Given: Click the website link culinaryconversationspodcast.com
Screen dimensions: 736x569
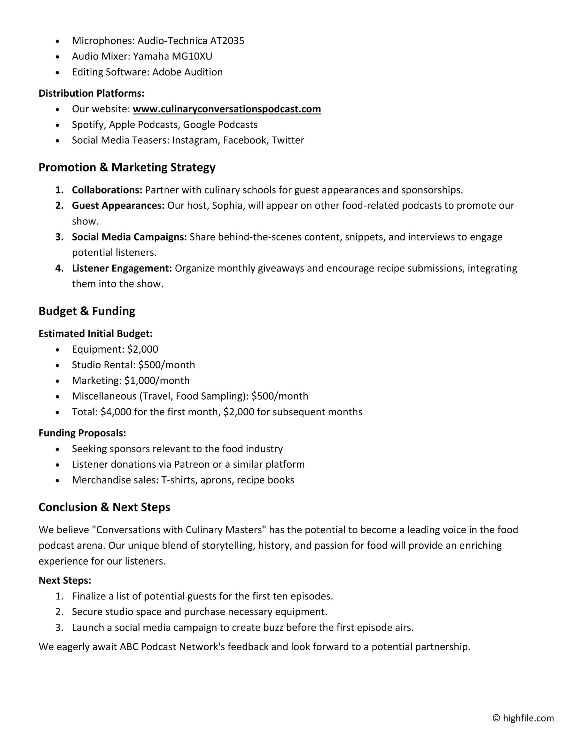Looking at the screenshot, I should [226, 109].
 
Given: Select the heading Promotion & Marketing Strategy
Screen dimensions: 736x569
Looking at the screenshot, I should [127, 167].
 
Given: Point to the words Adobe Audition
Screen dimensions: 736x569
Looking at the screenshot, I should [187, 72].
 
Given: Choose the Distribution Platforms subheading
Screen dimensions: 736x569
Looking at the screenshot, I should [91, 93].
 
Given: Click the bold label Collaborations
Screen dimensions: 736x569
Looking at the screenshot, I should [107, 190].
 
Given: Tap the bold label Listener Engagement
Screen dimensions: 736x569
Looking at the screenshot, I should [122, 268].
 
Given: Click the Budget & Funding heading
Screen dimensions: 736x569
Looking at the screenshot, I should [87, 311].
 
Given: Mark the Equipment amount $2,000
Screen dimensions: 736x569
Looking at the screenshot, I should [142, 349].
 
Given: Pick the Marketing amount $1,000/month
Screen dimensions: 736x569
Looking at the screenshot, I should [157, 381].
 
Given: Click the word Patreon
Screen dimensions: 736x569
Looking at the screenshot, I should [192, 465].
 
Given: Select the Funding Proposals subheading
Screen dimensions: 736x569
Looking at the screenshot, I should [82, 433].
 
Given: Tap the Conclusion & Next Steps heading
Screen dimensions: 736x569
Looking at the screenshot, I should [104, 507].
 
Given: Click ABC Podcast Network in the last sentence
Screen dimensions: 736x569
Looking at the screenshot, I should [173, 647].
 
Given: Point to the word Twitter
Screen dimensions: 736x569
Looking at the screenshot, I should [288, 140].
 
